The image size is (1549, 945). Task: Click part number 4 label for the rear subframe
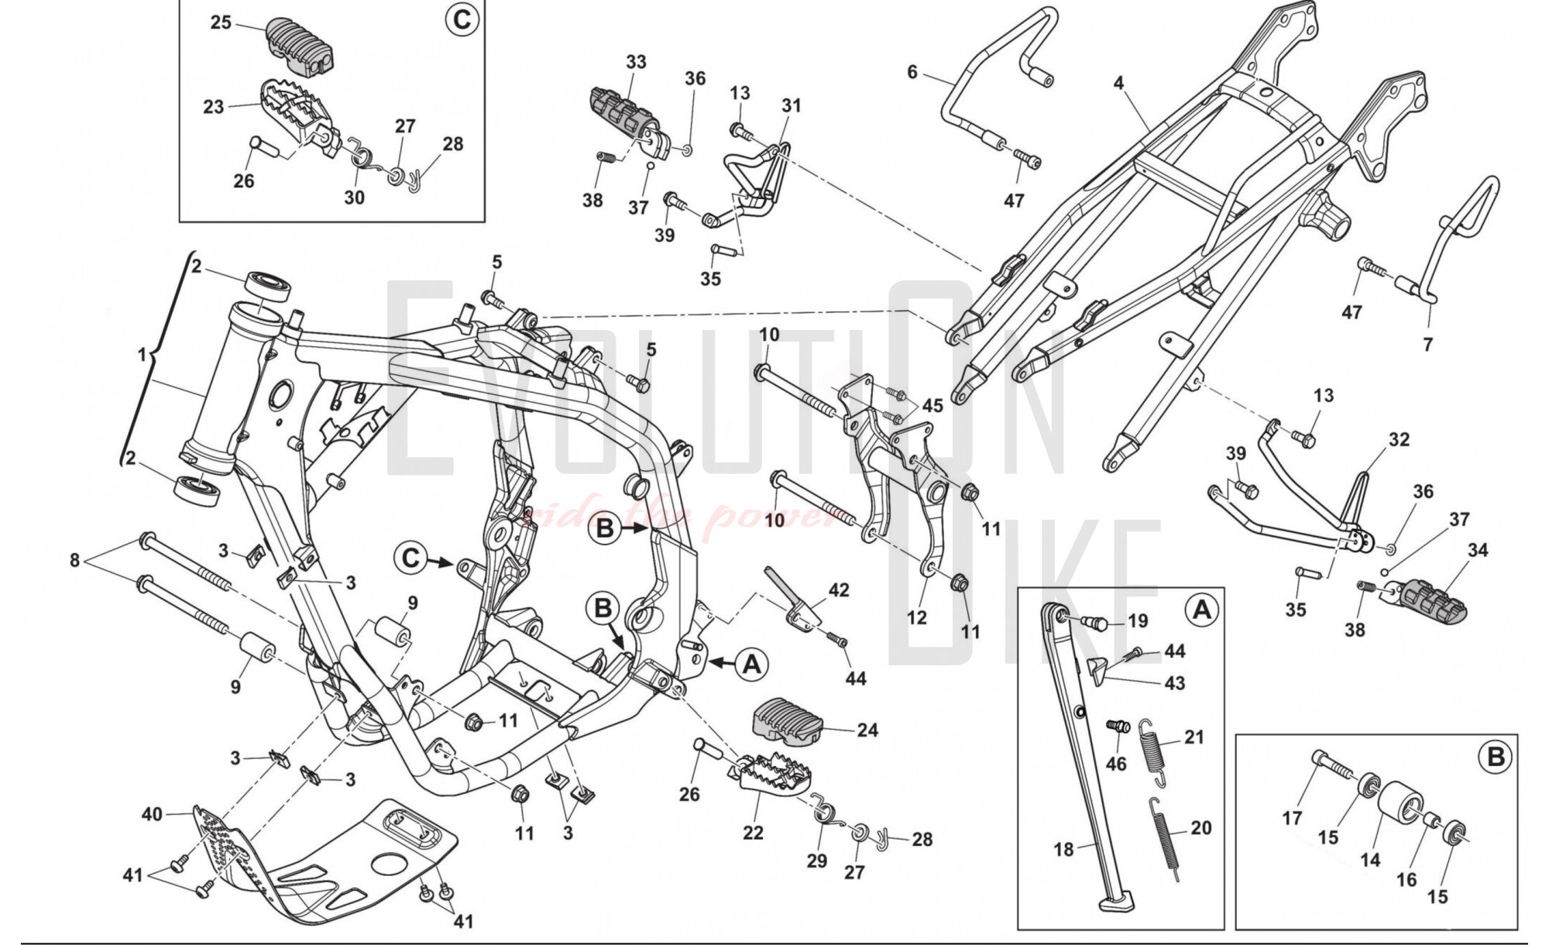click(1118, 82)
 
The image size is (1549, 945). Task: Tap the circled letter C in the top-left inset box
click(461, 19)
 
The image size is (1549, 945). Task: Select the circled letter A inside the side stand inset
click(1201, 610)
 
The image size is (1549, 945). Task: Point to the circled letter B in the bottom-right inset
click(1496, 757)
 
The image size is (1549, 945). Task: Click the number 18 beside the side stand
click(1063, 850)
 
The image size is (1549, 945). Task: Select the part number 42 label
click(839, 590)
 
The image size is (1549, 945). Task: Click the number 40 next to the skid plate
click(152, 814)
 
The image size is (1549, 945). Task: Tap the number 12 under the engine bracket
click(916, 617)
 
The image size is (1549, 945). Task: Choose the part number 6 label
click(912, 72)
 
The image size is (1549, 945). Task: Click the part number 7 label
click(1428, 344)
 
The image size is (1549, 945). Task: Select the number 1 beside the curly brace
click(142, 355)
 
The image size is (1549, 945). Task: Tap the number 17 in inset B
click(1292, 817)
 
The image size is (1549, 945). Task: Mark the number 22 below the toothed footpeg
click(753, 833)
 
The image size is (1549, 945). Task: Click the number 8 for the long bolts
click(74, 559)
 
